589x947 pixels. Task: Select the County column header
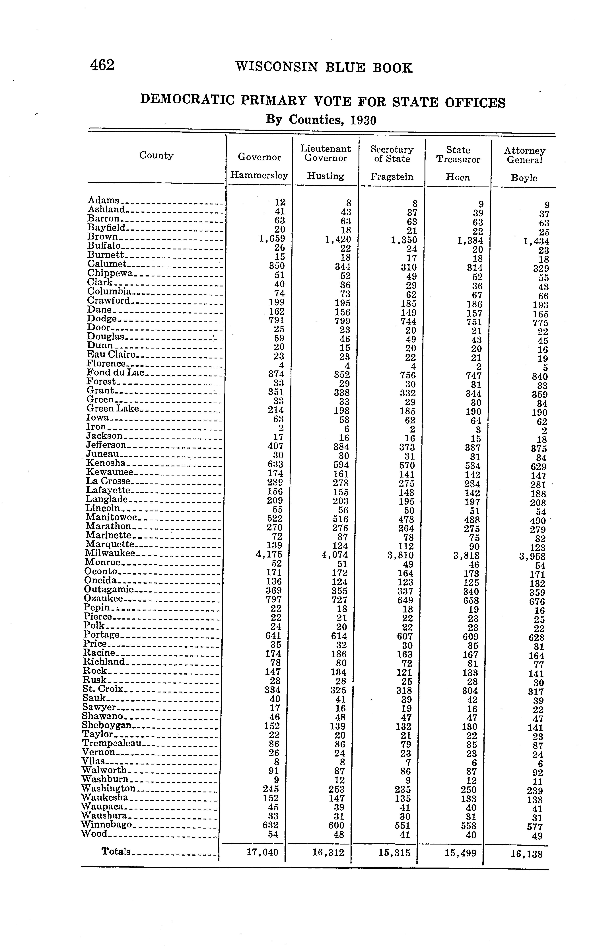[156, 155]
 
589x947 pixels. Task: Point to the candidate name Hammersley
[259, 175]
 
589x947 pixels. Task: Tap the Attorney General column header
[524, 155]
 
